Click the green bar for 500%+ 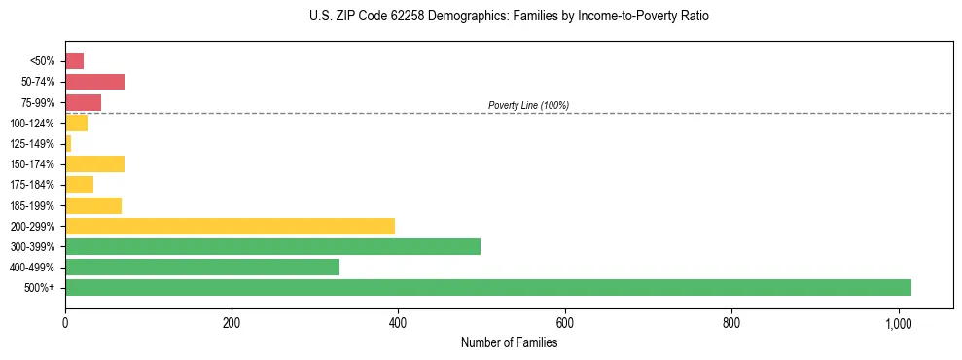487,287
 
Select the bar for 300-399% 272,246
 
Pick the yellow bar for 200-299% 230,226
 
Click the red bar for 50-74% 94,82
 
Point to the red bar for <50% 74,61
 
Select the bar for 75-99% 83,102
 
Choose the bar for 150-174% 94,163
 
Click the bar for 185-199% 93,205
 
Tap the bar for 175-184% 79,184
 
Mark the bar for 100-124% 76,123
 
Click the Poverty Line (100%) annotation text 528,105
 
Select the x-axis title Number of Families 509,342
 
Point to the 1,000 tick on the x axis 898,323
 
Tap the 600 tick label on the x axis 564,323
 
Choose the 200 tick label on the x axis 232,323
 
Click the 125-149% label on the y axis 33,144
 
